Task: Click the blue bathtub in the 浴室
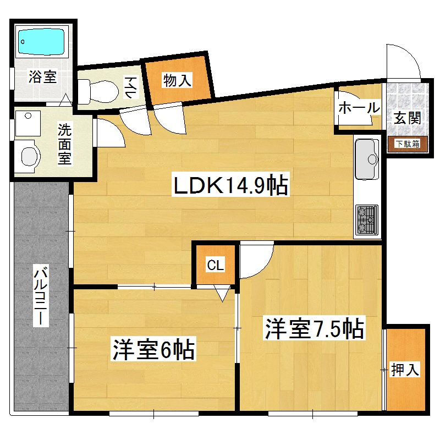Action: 42,40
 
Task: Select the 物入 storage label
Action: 177,80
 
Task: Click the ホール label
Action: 359,107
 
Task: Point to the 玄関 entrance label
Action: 408,117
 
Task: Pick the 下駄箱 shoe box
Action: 408,144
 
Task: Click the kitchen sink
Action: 367,159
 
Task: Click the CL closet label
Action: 215,266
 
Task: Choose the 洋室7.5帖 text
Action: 314,329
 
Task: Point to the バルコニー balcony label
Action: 40,297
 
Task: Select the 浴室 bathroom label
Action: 43,76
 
